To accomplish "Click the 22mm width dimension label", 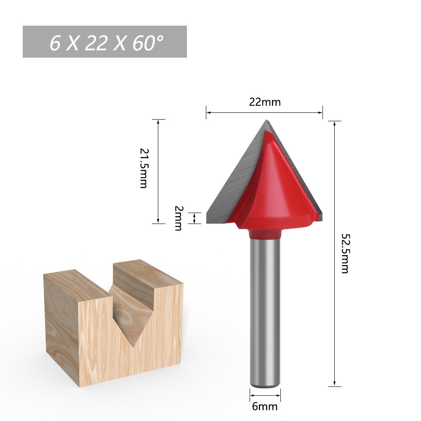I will pyautogui.click(x=264, y=102).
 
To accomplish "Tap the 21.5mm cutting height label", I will pyautogui.click(x=144, y=168).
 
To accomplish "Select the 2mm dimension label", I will pyautogui.click(x=178, y=218).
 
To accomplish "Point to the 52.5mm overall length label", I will pyautogui.click(x=345, y=253).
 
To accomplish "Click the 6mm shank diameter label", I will pyautogui.click(x=265, y=407).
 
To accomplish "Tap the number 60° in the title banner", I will pyautogui.click(x=147, y=43).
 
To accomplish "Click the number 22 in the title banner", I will pyautogui.click(x=96, y=43).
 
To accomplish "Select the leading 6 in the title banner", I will pyautogui.click(x=55, y=43).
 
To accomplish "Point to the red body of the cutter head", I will pyautogui.click(x=274, y=189).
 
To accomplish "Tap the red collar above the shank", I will pyautogui.click(x=265, y=233).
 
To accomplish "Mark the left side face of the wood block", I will pyautogui.click(x=61, y=324).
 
